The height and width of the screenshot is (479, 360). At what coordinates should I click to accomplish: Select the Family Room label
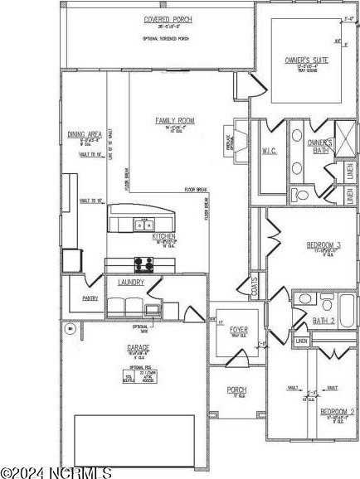173,121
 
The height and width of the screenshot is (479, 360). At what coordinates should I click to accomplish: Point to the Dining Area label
85,134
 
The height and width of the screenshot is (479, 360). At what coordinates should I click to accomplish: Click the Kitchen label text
163,237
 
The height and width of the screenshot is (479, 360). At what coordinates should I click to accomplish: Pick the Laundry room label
132,283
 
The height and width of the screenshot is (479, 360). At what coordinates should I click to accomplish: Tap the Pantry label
90,298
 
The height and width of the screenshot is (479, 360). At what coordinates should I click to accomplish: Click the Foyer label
238,330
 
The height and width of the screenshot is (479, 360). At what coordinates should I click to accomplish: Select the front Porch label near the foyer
237,389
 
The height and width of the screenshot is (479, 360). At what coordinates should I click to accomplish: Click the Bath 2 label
324,320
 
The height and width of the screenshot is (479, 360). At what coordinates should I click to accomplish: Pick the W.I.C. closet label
270,151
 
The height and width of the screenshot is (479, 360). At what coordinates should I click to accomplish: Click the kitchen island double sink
143,224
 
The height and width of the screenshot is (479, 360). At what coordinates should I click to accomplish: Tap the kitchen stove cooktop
143,265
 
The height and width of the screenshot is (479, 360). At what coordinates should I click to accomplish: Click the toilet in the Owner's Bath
301,196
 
